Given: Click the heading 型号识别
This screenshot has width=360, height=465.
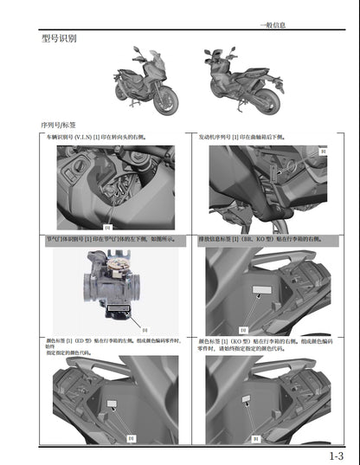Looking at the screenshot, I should (x=59, y=40).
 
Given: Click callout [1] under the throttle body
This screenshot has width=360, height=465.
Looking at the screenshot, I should (x=145, y=329).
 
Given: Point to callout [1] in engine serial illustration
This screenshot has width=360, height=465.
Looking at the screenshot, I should (x=323, y=152).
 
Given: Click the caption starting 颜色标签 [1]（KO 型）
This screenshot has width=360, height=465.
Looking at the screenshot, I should (x=264, y=345).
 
